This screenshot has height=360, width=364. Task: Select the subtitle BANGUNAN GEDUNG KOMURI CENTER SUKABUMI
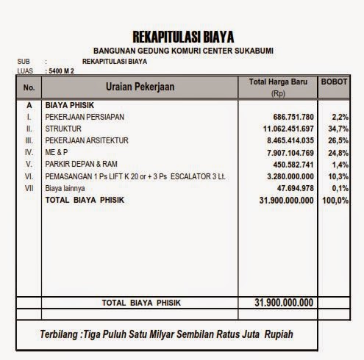point(183,51)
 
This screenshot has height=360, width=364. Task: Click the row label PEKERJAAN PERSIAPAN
point(85,117)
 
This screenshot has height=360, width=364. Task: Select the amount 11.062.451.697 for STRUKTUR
point(283,129)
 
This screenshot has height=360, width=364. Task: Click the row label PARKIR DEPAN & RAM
point(81,164)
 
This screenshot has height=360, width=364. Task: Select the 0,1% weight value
point(338,188)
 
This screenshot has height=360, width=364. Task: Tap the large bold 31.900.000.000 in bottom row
point(275,303)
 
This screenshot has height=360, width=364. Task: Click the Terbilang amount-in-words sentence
point(166,335)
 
